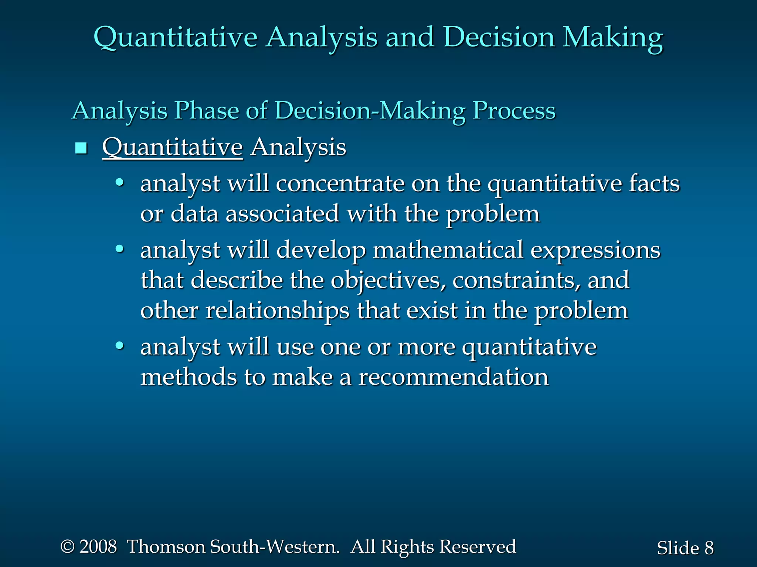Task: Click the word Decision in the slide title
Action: (499, 38)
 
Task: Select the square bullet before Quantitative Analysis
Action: (81, 148)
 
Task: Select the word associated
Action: (282, 214)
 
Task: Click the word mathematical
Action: (448, 250)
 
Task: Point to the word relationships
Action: (277, 311)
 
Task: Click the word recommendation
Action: (453, 377)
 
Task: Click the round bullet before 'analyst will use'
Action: (119, 346)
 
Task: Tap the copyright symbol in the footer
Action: (68, 547)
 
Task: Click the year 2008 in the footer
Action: (98, 547)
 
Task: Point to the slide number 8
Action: (709, 548)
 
